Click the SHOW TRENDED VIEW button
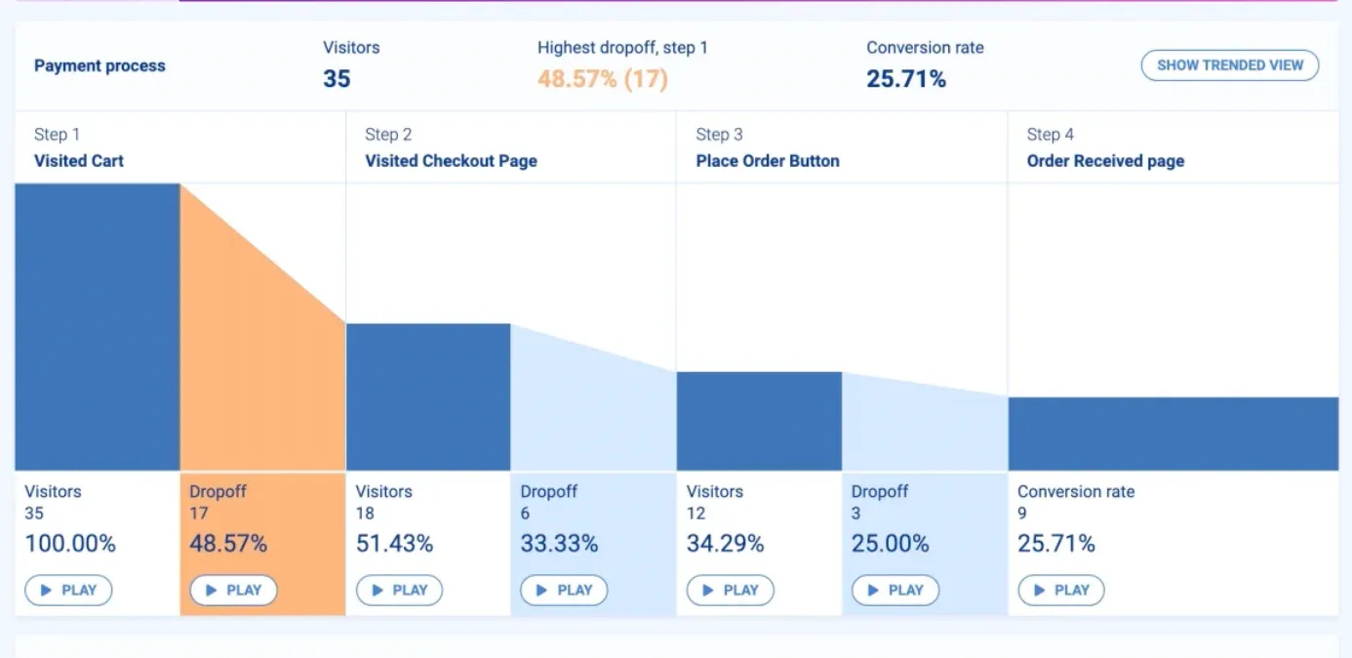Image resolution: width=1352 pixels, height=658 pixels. [x=1229, y=65]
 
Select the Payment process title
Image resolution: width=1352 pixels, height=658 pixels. [x=99, y=66]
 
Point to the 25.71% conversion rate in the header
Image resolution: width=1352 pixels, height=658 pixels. [x=905, y=79]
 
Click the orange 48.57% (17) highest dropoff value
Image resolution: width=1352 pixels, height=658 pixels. [x=602, y=79]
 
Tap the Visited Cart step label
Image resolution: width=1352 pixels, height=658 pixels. [x=79, y=161]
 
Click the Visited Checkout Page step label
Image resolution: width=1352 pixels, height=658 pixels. [x=451, y=161]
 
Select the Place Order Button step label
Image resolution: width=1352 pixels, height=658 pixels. [x=767, y=161]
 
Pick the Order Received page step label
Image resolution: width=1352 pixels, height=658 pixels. [x=1105, y=161]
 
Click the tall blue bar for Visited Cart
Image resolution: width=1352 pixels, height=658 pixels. [x=98, y=327]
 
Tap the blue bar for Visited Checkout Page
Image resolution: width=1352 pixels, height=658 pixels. [x=428, y=397]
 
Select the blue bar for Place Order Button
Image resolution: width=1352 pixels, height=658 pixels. [x=759, y=422]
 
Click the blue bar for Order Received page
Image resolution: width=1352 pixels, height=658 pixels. [x=1173, y=434]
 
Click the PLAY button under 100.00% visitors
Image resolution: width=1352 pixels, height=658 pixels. [x=68, y=590]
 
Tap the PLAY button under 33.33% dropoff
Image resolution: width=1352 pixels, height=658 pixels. [x=564, y=590]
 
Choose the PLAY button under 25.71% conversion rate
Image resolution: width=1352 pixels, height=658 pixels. [x=1061, y=590]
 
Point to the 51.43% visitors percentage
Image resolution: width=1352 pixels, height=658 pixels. [x=394, y=544]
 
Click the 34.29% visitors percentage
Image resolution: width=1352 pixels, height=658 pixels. [x=725, y=544]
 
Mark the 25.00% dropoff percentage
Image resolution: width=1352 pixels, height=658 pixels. [x=890, y=544]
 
